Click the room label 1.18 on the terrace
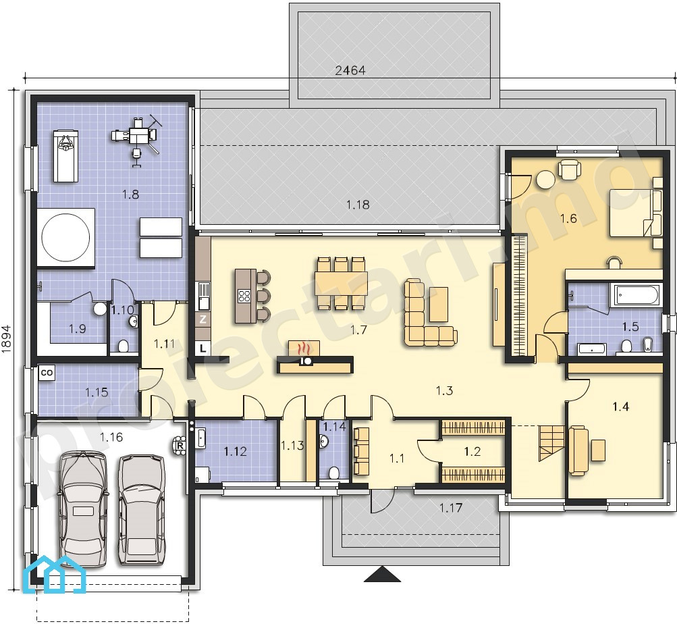(358, 205)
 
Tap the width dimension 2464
(350, 70)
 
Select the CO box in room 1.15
(47, 373)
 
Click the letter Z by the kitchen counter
(203, 320)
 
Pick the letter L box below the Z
(203, 348)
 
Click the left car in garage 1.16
(83, 509)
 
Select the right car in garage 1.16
(141, 510)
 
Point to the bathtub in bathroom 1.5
(636, 296)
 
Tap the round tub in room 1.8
(65, 237)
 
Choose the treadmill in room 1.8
(65, 156)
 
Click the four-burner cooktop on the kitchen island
(244, 296)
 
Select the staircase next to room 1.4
(551, 443)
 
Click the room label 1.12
(236, 452)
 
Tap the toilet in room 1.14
(334, 473)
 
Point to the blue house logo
(56, 574)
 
